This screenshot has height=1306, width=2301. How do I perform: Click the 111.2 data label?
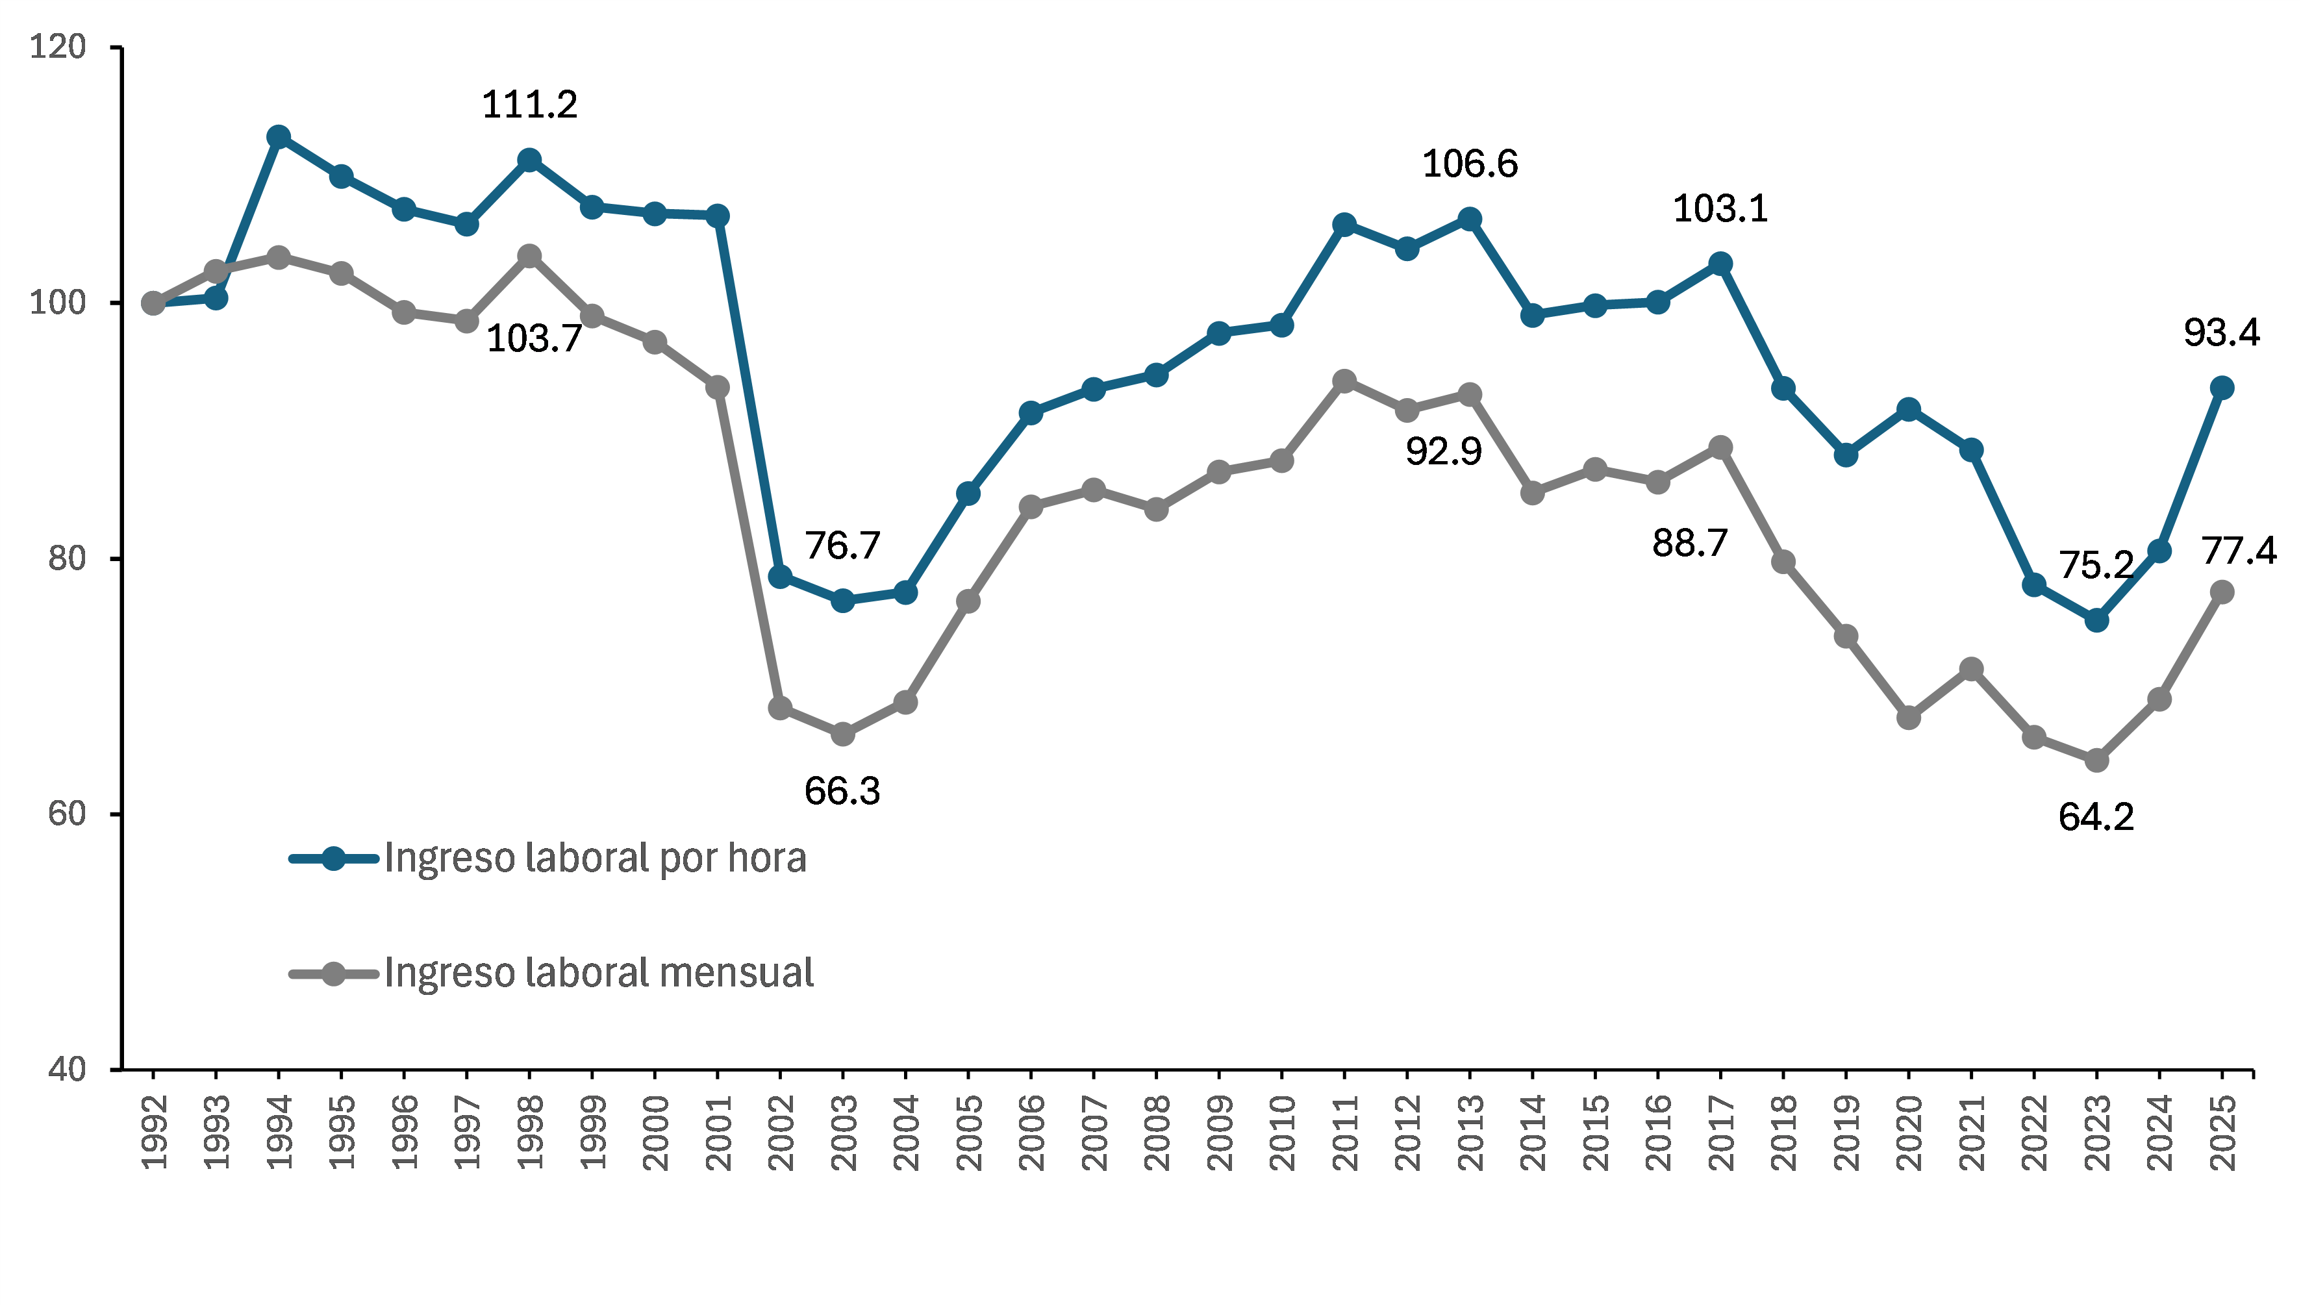click(x=529, y=105)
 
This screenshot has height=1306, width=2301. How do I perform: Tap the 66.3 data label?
click(x=842, y=791)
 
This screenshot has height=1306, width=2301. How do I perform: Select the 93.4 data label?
click(x=2221, y=333)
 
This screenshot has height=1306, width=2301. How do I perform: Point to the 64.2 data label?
click(x=2096, y=817)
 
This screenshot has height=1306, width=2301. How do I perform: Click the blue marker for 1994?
click(x=279, y=136)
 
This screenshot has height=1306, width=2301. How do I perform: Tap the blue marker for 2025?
click(x=2221, y=388)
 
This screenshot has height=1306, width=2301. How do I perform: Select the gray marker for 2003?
click(x=842, y=734)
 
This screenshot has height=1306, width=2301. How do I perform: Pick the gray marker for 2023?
click(x=2096, y=760)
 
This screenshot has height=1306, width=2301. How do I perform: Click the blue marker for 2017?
click(x=1720, y=264)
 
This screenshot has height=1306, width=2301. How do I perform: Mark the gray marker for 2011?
click(x=1344, y=381)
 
